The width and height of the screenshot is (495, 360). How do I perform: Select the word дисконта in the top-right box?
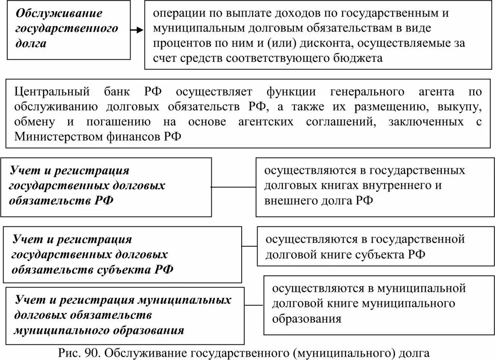[x=325, y=43]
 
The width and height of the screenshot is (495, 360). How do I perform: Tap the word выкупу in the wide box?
[x=461, y=106]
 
